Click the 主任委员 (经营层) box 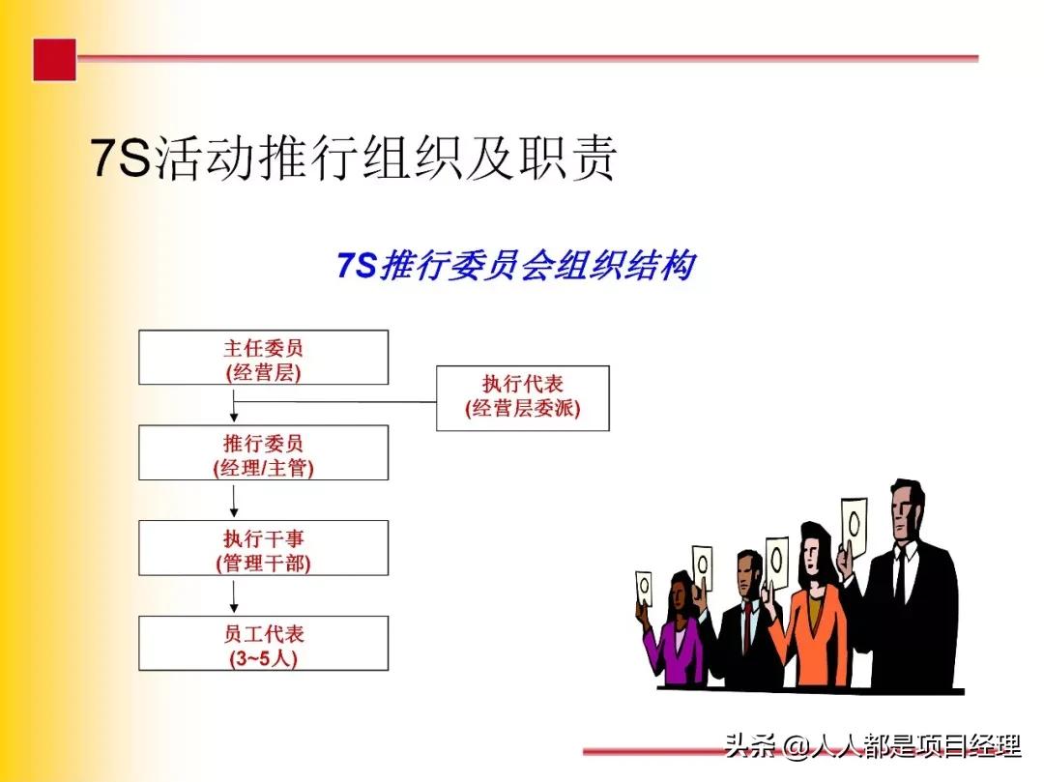pos(263,358)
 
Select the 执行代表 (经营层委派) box pos(522,397)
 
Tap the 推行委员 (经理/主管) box pos(263,452)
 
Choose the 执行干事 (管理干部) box pos(263,548)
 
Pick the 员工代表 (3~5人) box pos(263,644)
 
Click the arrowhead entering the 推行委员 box pos(235,418)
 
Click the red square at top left pos(54,60)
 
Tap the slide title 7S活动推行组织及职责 pos(354,159)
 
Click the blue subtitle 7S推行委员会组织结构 pos(515,265)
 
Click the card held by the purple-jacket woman pos(645,586)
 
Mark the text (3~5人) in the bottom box pos(263,658)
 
